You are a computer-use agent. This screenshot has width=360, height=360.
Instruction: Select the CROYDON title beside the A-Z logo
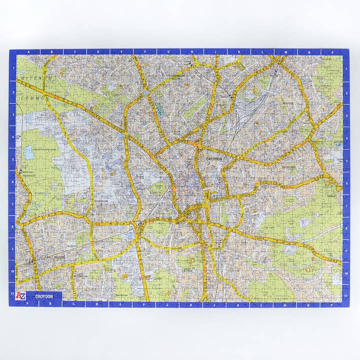(x=44, y=296)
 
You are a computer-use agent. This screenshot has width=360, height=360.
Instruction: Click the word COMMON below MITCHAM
(x=33, y=98)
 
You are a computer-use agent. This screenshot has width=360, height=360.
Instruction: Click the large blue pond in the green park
(x=29, y=152)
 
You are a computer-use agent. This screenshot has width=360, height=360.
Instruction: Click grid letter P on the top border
(x=331, y=51)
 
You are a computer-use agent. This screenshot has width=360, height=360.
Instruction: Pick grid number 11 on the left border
(x=12, y=295)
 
